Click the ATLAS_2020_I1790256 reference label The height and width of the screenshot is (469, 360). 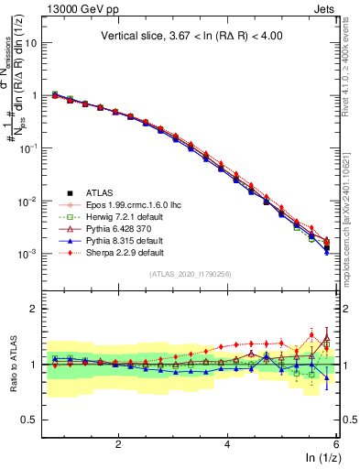(x=191, y=274)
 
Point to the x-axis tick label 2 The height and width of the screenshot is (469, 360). (x=118, y=444)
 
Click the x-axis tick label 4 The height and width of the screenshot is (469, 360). (x=227, y=444)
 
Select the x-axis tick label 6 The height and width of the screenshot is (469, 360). (x=336, y=444)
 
